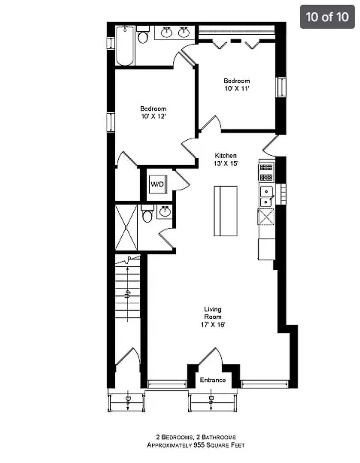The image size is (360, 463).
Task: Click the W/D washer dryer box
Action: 156,184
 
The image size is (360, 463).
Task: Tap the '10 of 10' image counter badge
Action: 327,17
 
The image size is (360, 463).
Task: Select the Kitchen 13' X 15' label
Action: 225,159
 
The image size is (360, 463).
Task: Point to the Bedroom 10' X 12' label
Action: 153,113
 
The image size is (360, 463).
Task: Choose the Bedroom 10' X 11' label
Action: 237,84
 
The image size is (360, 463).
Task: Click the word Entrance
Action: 213,380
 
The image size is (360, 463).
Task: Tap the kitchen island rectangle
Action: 225,210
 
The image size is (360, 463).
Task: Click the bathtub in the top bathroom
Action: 125,45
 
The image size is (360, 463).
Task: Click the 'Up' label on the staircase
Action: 127,294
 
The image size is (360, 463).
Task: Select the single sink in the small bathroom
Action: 164,211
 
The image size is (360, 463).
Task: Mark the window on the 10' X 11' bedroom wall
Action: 281,87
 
